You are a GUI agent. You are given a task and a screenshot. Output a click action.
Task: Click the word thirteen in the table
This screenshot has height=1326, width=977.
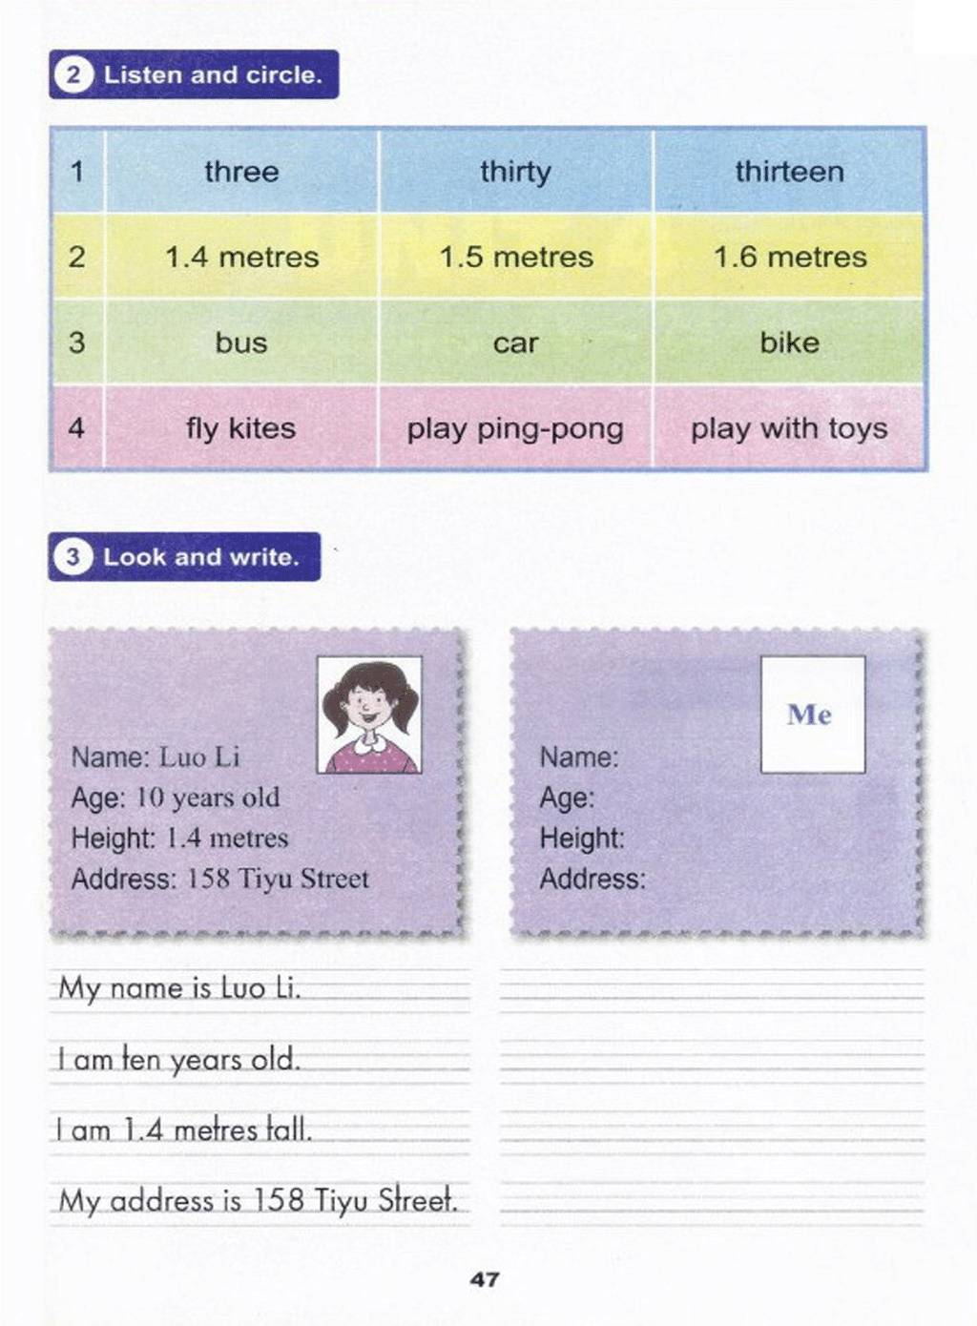[x=789, y=172]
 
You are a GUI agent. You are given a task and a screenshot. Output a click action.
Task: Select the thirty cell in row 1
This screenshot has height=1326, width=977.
[x=515, y=172]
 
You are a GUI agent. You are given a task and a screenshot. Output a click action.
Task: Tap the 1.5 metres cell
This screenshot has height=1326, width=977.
[x=515, y=257]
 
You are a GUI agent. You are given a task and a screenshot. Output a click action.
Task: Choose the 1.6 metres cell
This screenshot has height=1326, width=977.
[x=790, y=257]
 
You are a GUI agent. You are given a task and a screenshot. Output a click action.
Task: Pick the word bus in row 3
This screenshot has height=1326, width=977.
[x=240, y=342]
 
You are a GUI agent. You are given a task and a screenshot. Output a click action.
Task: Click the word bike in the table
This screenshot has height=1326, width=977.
[x=789, y=342]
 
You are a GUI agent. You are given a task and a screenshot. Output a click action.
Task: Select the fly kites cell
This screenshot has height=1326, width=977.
[x=240, y=428]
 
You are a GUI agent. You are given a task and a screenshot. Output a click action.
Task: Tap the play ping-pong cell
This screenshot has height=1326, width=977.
[x=515, y=428]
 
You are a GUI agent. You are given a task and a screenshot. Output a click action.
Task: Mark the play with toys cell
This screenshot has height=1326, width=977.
[x=789, y=428]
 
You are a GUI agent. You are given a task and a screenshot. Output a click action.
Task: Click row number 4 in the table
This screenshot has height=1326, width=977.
[x=76, y=427]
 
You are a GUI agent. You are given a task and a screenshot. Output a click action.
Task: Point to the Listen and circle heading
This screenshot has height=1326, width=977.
[x=212, y=74]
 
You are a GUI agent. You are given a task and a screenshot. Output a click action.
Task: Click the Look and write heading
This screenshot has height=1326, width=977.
[x=200, y=557]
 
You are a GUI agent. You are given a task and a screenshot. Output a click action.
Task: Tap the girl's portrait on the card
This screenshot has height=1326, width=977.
[x=369, y=714]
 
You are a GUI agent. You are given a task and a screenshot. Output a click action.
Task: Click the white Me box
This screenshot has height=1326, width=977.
[x=812, y=714]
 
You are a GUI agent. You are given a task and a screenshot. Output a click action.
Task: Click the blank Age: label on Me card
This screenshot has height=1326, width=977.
[x=567, y=798]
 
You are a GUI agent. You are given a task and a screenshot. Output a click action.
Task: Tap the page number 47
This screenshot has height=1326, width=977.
[x=485, y=1279]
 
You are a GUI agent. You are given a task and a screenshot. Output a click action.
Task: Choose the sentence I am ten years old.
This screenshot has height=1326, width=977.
[x=178, y=1060]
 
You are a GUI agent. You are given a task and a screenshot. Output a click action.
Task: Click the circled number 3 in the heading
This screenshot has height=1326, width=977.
[x=73, y=557]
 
